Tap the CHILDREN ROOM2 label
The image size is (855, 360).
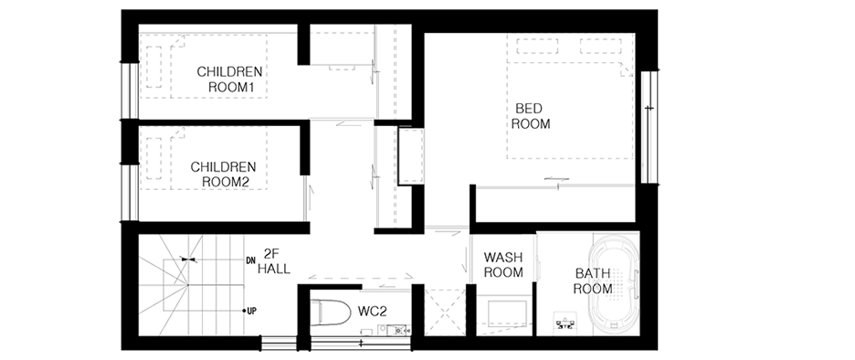click(x=223, y=174)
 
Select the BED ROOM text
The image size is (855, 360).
click(x=531, y=116)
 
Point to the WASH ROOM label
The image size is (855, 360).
click(x=503, y=264)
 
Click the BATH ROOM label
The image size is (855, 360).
click(x=592, y=281)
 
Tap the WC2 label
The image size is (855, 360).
click(x=373, y=312)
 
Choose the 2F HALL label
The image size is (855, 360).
click(x=274, y=260)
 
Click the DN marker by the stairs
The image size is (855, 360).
click(x=251, y=259)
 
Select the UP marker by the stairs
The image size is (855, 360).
click(x=252, y=311)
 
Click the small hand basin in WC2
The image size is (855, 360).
click(x=398, y=330)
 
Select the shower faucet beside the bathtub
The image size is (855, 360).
click(x=566, y=323)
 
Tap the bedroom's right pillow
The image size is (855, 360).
click(x=601, y=47)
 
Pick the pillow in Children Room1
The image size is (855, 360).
click(x=153, y=67)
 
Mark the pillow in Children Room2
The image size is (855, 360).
click(x=153, y=158)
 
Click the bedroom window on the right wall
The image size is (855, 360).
click(x=649, y=126)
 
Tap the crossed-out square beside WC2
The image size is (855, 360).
click(x=445, y=312)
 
